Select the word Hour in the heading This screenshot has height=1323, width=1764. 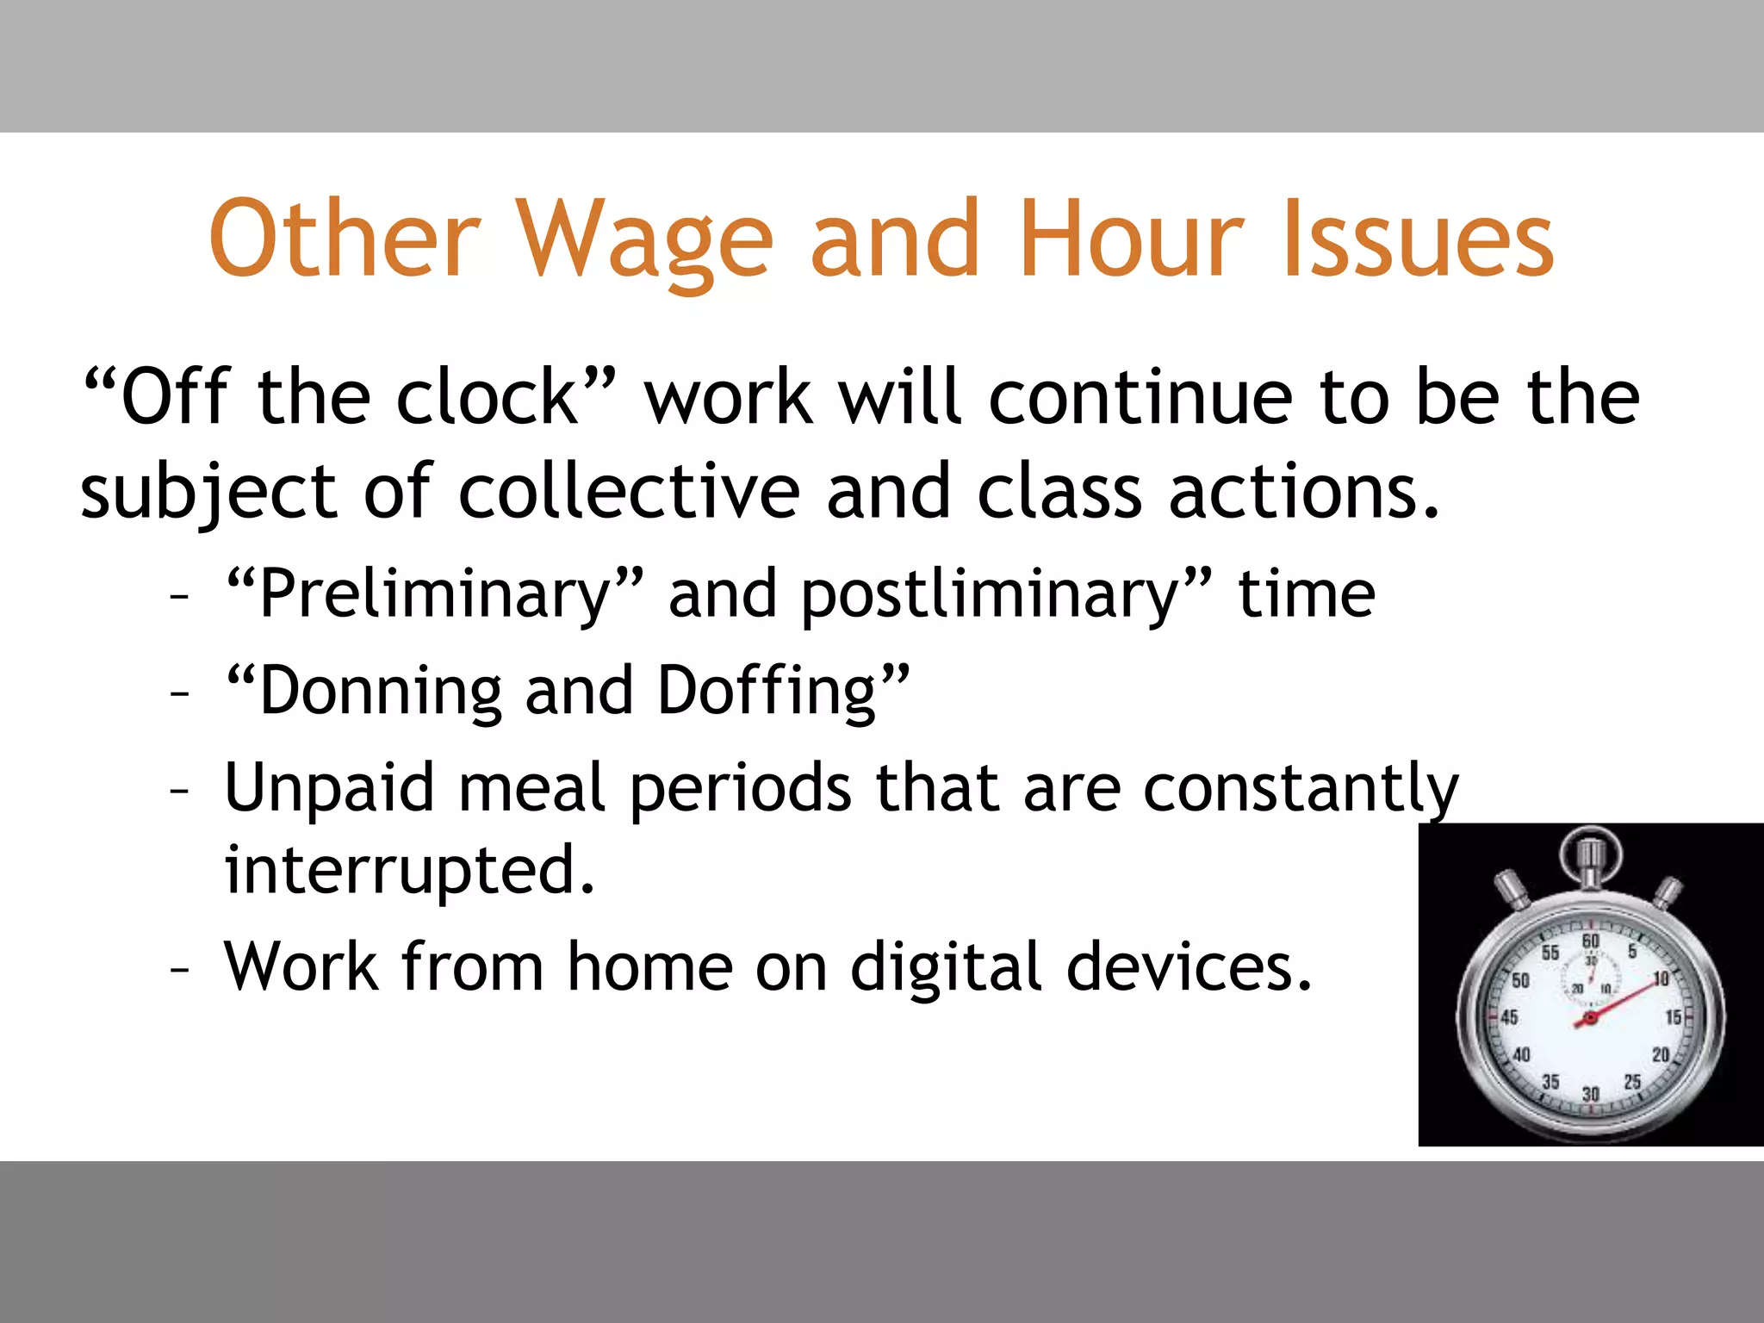1131,239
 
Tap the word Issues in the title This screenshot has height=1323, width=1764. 1419,239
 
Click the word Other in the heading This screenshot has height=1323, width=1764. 344,239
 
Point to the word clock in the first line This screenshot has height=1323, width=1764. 488,398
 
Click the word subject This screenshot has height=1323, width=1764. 208,493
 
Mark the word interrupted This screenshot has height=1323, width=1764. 409,871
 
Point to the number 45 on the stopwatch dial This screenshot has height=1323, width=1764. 1509,1017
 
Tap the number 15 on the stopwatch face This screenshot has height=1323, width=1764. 1673,1017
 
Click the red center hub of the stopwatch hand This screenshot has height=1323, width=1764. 1590,1019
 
